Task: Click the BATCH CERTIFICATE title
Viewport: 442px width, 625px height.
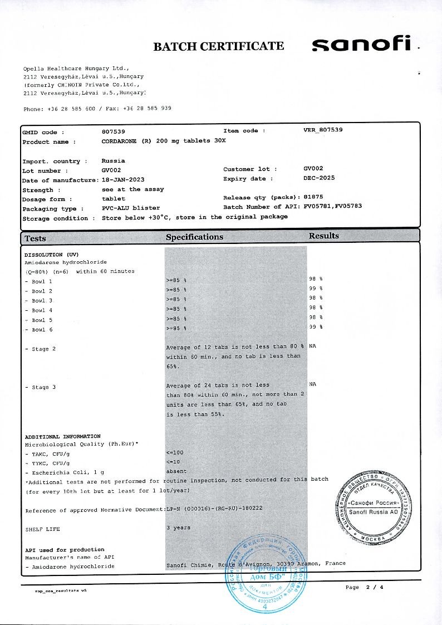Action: click(x=218, y=46)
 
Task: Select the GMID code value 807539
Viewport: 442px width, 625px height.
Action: click(x=114, y=132)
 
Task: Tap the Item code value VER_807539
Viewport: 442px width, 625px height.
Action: click(x=323, y=130)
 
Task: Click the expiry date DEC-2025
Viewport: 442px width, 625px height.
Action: click(x=319, y=178)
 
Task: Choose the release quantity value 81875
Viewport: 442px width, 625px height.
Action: click(x=313, y=197)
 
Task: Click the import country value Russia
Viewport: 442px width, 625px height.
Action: click(x=113, y=160)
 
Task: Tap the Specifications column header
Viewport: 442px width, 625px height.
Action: click(x=194, y=237)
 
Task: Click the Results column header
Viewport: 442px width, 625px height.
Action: click(x=323, y=236)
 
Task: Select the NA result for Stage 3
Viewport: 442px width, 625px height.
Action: click(x=312, y=383)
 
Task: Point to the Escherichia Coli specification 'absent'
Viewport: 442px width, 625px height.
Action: click(x=176, y=471)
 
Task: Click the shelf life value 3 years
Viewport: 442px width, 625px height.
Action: click(x=178, y=527)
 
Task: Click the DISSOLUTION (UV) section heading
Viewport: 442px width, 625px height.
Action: click(x=52, y=254)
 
